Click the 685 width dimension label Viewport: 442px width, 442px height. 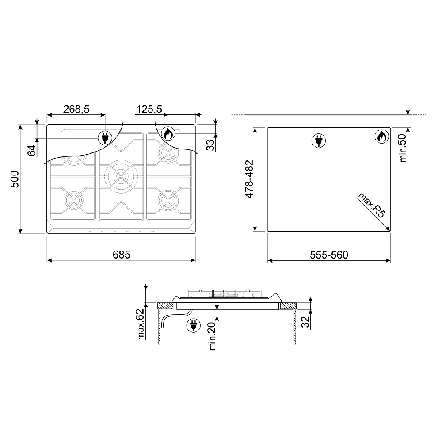(x=122, y=255)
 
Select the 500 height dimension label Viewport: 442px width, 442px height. (x=15, y=179)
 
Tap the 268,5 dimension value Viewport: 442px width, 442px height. (x=76, y=109)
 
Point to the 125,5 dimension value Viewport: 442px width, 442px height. (x=149, y=109)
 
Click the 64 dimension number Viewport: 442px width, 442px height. (x=32, y=150)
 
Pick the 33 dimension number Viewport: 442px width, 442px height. (x=210, y=145)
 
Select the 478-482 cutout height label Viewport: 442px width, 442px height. (x=250, y=179)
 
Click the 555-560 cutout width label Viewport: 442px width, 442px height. (x=329, y=255)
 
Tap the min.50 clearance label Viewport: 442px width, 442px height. (x=403, y=148)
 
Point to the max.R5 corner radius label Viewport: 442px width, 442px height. (x=371, y=205)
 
